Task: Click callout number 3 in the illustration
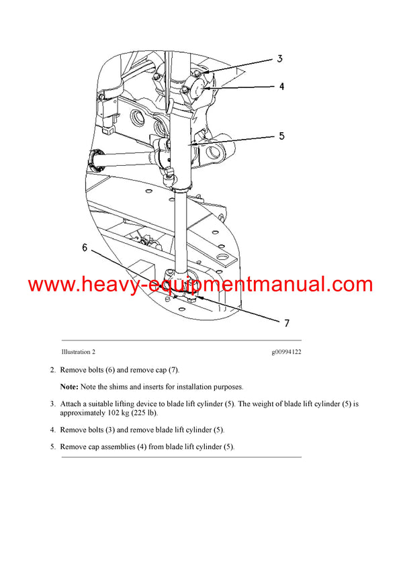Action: [x=279, y=58]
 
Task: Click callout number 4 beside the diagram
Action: [x=281, y=87]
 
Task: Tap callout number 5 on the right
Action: [x=281, y=136]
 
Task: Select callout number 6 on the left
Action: [x=85, y=247]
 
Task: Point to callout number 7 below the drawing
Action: [x=286, y=323]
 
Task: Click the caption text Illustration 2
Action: [x=78, y=352]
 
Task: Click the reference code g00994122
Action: [x=286, y=352]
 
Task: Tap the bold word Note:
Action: [x=69, y=387]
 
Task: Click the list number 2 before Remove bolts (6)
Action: [x=52, y=370]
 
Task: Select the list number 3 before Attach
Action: [x=52, y=403]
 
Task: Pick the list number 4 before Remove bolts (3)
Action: [x=52, y=430]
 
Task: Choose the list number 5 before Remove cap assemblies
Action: [x=52, y=446]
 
